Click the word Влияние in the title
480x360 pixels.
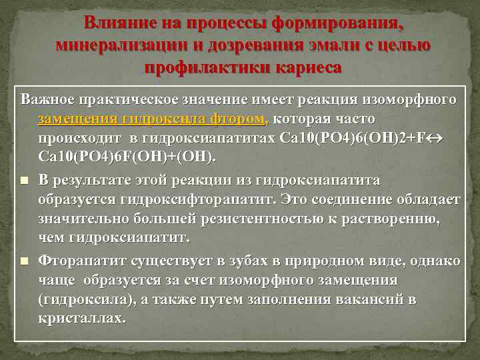pyautogui.click(x=119, y=24)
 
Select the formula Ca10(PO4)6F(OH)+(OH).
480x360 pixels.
pyautogui.click(x=127, y=156)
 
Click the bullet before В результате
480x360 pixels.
pyautogui.click(x=24, y=180)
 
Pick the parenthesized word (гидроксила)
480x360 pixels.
pyautogui.click(x=88, y=299)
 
